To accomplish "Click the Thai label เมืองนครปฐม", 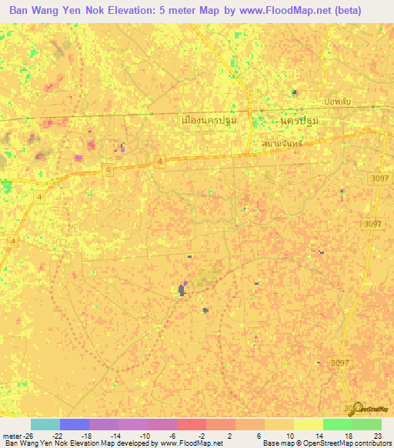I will click(x=208, y=120).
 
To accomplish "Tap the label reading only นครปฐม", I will click(x=300, y=121).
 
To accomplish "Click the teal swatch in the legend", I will click(x=45, y=424).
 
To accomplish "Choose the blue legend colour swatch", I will click(x=74, y=424).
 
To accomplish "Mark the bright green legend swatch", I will click(x=337, y=424).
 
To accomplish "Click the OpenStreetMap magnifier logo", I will click(x=356, y=408).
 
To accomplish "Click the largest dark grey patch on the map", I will click(x=182, y=290).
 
